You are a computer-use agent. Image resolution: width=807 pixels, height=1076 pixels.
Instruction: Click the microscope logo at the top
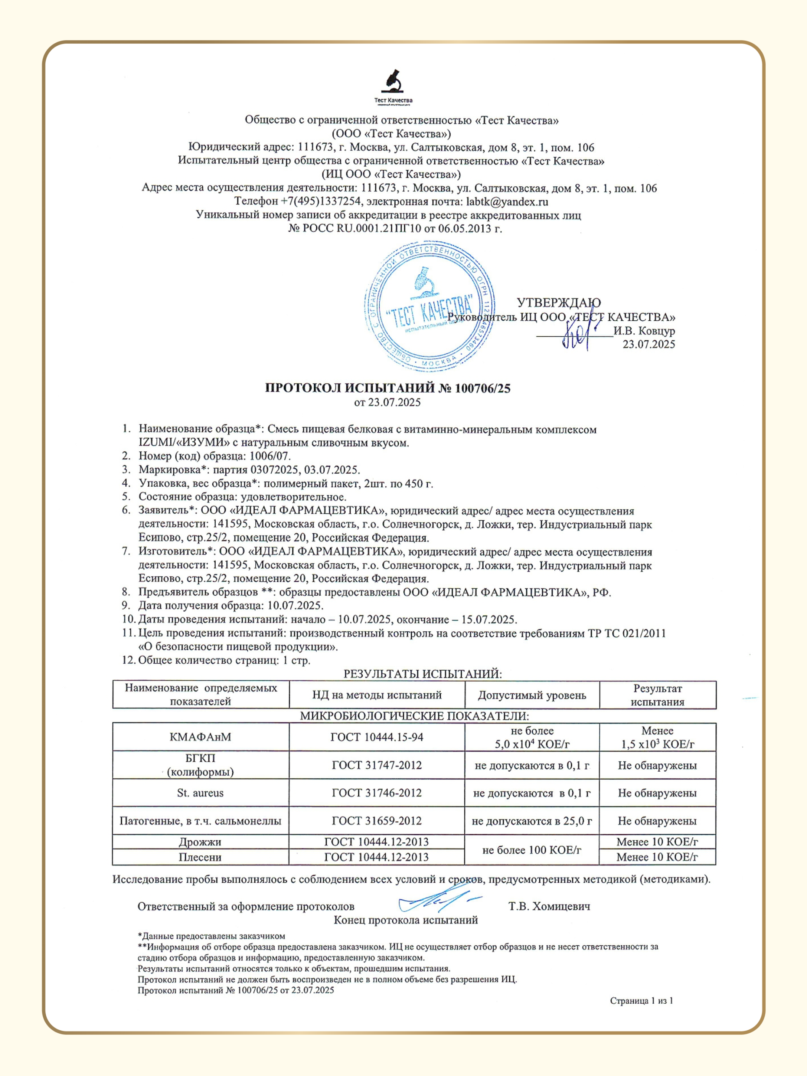coord(393,83)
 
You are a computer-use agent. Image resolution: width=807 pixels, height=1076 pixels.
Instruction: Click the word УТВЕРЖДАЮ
coord(558,303)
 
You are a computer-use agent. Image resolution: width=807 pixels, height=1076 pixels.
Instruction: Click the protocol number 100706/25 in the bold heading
coord(482,388)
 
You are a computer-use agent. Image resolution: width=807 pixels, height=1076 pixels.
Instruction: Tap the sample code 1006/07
coord(270,456)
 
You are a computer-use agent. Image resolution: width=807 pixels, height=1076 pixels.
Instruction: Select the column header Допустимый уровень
coord(532,695)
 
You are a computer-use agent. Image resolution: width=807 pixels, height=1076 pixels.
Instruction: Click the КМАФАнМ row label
coord(201,737)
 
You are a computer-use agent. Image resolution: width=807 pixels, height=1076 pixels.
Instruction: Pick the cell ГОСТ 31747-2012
coord(377,765)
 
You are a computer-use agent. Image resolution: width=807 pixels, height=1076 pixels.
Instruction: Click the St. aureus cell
coord(201,793)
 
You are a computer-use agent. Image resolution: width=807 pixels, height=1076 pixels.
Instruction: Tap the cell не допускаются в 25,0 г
coord(532,821)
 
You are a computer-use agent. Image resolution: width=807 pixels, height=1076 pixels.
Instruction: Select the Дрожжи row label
coord(201,842)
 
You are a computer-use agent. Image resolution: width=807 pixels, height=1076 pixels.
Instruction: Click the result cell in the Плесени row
coord(657,857)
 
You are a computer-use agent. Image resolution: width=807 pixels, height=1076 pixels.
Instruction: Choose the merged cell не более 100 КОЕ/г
coord(532,850)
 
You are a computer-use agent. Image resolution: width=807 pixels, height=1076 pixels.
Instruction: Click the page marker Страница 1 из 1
coord(641,1001)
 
